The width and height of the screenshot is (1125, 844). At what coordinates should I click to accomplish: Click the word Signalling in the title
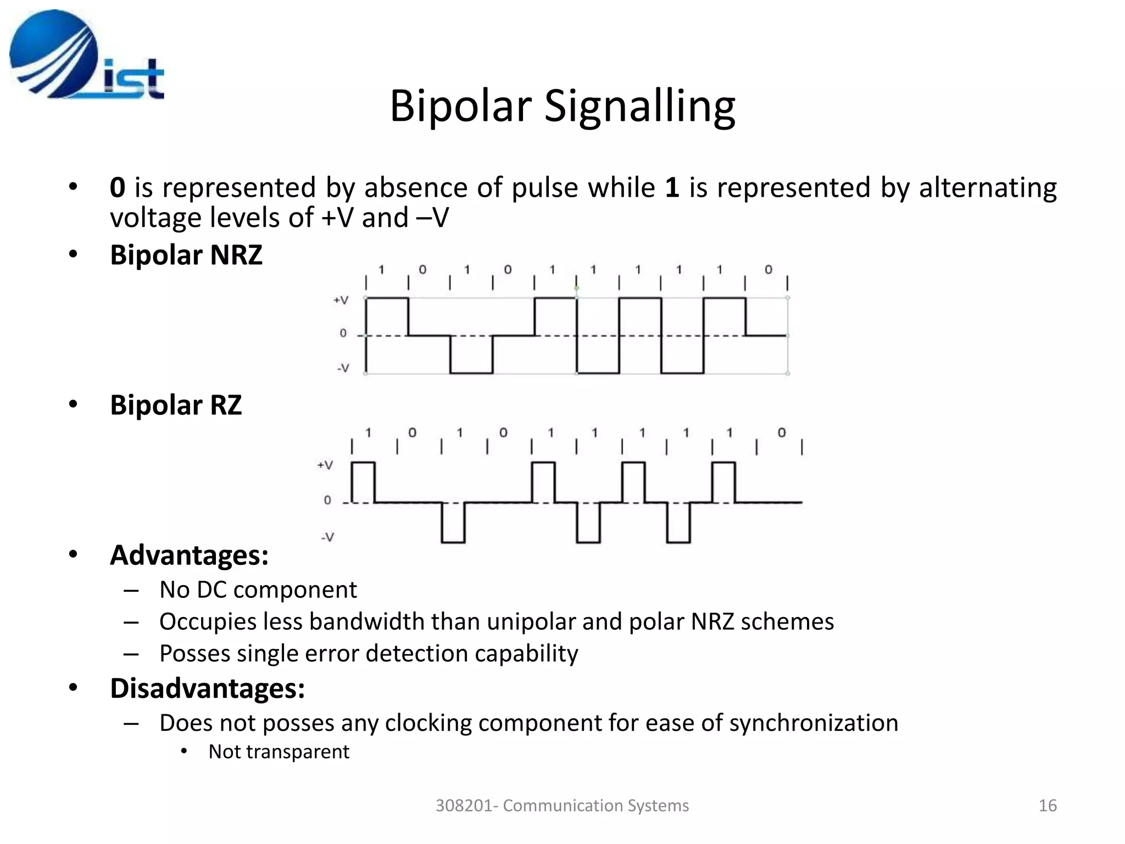point(639,106)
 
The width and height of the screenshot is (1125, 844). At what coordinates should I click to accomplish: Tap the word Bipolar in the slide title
point(460,106)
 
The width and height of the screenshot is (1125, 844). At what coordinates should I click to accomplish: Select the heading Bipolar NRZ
point(186,255)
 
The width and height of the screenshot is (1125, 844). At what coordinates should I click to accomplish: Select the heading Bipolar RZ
point(176,405)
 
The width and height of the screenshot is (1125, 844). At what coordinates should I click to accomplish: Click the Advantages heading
point(189,555)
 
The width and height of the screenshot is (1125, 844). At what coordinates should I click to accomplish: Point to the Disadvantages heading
point(207,688)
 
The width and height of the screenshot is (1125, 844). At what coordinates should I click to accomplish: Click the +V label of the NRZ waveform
point(341,300)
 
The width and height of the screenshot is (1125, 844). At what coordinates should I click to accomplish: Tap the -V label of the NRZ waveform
point(342,368)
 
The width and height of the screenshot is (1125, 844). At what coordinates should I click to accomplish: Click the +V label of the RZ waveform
point(325,465)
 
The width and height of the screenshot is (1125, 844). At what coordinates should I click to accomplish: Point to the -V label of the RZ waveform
point(327,537)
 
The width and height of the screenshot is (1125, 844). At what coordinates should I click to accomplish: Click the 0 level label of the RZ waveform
point(327,501)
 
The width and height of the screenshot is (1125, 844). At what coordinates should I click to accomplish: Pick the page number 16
point(1048,806)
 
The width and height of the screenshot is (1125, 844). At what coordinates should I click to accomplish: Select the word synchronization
point(814,723)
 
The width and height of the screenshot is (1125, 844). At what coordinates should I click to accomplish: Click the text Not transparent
point(279,752)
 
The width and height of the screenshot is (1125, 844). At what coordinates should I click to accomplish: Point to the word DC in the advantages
point(211,590)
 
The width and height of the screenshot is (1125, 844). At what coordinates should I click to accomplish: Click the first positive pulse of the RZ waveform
point(363,482)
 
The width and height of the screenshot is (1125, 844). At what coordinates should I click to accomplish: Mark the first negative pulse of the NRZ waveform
point(471,354)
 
